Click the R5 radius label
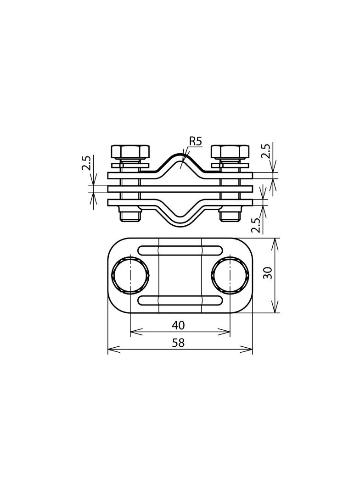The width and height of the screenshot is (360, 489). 195,141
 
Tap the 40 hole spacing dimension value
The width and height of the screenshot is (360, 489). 178,325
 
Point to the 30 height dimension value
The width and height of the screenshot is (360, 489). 269,273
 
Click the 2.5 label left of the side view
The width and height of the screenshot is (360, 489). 86,163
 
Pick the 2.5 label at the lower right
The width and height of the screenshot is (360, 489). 256,225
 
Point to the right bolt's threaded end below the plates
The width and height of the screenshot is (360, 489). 230,215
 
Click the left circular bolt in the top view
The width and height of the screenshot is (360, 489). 130,276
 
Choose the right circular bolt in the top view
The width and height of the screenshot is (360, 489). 230,276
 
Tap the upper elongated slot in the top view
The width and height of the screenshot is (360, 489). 180,250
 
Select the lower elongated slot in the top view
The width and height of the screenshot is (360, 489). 180,301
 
